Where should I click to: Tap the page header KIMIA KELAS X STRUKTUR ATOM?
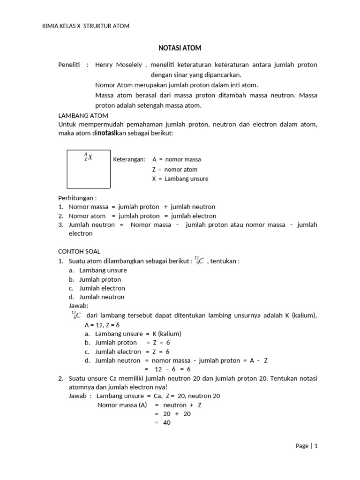tap(86, 26)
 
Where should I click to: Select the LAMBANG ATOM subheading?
tap(83, 115)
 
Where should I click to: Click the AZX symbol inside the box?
tap(88, 157)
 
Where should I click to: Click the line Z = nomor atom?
tap(174, 170)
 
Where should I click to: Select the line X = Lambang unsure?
tap(180, 179)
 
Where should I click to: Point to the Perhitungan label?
tap(77, 198)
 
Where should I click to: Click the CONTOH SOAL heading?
tap(79, 252)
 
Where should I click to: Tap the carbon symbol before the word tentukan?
tap(199, 261)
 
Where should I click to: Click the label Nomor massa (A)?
tap(123, 405)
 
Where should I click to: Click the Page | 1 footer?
tap(307, 446)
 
